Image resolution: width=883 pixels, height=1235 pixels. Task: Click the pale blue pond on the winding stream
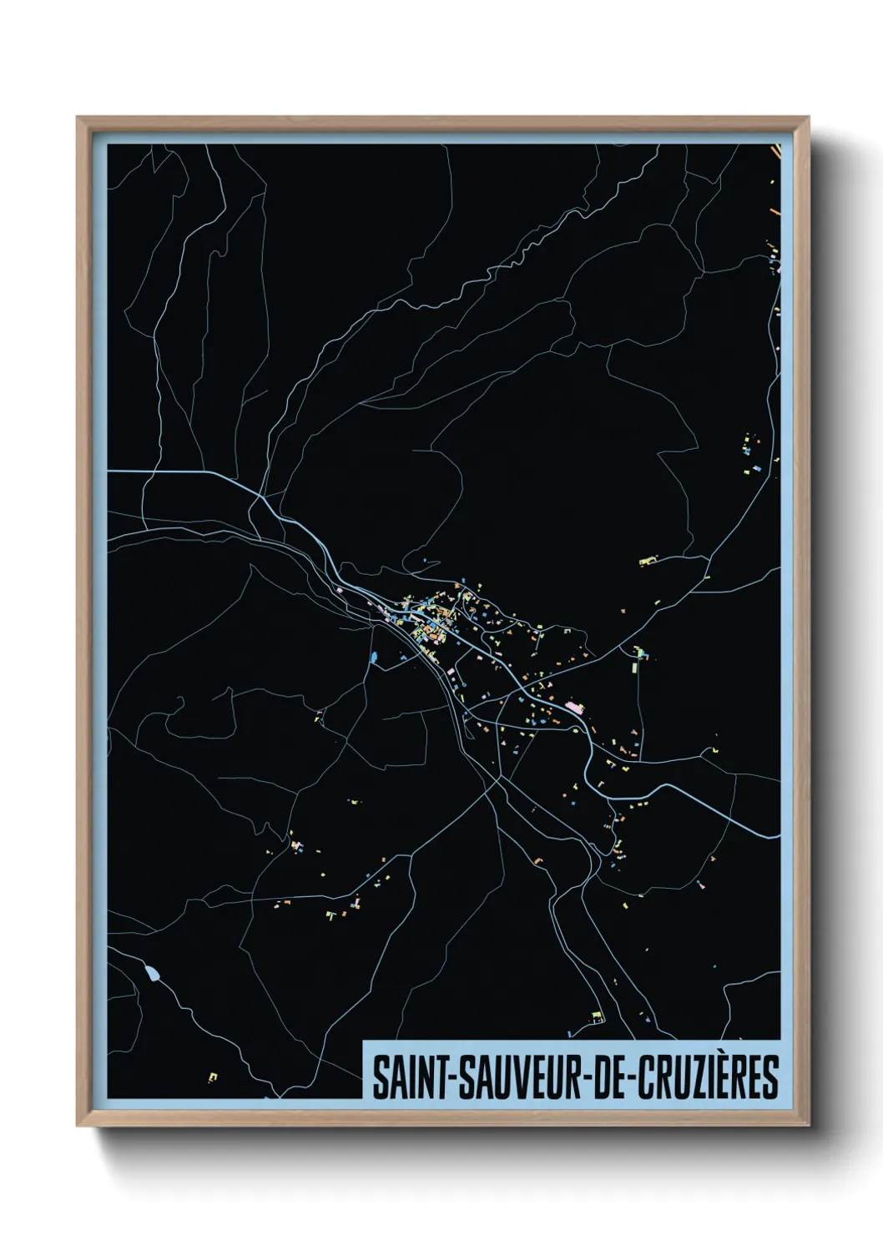point(152,972)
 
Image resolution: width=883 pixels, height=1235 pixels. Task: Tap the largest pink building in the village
point(574,708)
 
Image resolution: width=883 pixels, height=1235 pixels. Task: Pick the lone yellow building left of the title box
point(212,1077)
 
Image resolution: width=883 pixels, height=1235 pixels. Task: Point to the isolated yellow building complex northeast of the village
point(648,561)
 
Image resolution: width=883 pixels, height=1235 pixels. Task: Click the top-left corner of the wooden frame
point(78,118)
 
